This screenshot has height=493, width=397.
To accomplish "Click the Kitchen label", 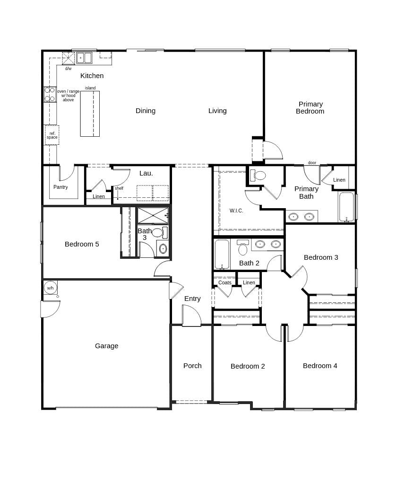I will point(92,76).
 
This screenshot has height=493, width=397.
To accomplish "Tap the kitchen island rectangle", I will point(90,114).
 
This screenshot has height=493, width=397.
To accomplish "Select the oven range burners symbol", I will point(50,94).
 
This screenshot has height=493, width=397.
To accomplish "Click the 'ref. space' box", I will point(52,135).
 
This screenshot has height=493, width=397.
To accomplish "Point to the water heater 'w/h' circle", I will point(50,288).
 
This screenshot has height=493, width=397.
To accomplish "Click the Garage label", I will point(106,346).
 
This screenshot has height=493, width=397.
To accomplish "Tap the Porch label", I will point(192,366).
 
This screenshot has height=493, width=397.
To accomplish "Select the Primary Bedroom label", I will point(310,107).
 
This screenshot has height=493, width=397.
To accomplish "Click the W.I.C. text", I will point(236,211).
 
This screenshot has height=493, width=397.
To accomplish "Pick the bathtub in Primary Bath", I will point(346,207).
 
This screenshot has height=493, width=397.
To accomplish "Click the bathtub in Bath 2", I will point(222,254).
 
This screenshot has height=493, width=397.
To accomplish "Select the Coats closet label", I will point(225,282).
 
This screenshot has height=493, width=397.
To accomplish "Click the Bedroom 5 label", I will point(82,244).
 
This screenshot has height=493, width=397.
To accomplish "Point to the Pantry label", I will point(60,187).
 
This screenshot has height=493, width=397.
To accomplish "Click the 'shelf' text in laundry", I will point(119,188).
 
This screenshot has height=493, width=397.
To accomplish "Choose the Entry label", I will point(192,299).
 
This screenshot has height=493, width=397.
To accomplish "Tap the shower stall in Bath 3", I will point(153,215).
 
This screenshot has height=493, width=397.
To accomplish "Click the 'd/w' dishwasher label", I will point(69,69).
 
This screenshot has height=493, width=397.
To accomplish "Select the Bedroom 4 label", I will point(320,366).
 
